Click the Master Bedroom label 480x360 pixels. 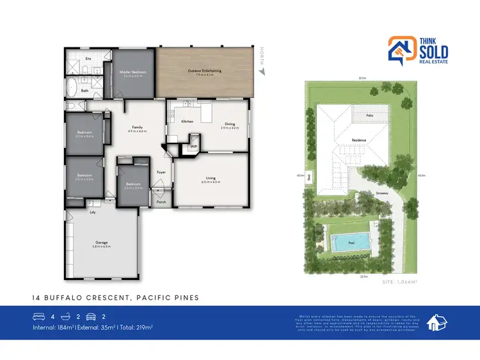[x=133, y=72]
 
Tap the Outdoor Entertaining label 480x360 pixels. [x=204, y=72]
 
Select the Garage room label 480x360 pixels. [x=100, y=243]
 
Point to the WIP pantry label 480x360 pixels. [x=194, y=147]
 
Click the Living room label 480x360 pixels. [x=211, y=180]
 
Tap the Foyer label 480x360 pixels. [x=161, y=172]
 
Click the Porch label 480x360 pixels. [x=161, y=201]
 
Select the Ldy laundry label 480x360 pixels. [x=93, y=212]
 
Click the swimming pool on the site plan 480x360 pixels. [x=351, y=242]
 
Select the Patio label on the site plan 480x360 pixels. [x=370, y=115]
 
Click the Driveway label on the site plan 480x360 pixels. [x=382, y=191]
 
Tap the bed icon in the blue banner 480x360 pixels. [x=38, y=316]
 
